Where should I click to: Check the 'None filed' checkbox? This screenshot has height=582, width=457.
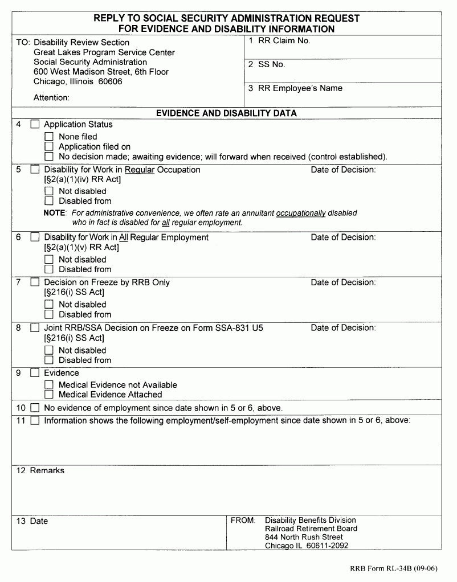tap(48, 137)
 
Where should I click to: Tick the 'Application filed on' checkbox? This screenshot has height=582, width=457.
tap(48, 146)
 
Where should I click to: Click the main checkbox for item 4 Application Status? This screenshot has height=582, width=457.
tap(35, 124)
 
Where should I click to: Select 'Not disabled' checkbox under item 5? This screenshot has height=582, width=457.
tap(48, 191)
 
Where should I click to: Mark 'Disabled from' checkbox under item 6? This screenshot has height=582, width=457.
tap(48, 269)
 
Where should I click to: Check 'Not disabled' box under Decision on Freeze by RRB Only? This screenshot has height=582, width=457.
tap(48, 305)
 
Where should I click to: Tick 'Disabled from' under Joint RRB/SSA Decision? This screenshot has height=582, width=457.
tap(48, 360)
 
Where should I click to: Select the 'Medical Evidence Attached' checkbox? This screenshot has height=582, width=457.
tap(48, 394)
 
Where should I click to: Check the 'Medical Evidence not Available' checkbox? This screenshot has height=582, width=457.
tap(48, 385)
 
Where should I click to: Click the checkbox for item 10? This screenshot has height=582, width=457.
tap(35, 408)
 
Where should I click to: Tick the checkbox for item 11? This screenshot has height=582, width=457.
tap(35, 421)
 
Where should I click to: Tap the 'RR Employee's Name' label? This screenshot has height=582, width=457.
tap(300, 88)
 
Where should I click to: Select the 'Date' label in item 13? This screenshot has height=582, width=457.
tap(39, 521)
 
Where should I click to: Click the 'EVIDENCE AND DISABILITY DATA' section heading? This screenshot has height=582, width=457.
tap(226, 113)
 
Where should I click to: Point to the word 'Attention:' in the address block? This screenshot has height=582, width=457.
tap(51, 97)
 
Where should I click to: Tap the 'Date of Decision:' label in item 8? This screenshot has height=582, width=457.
tap(343, 327)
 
